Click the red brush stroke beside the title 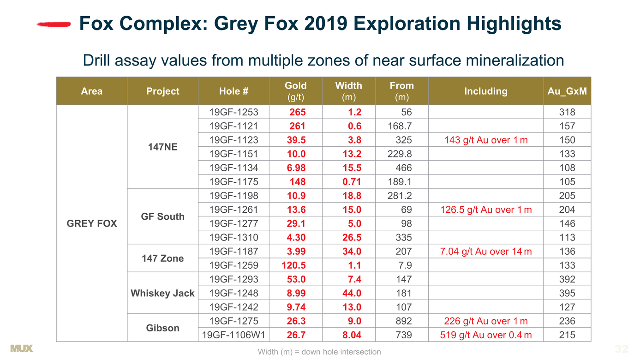point(54,24)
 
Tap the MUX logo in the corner point(21,348)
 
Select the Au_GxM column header point(567,91)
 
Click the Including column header point(486,91)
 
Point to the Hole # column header point(234,91)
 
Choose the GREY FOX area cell point(92,223)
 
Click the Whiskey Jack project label point(162,293)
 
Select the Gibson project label point(162,328)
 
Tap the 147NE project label point(162,147)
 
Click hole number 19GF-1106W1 point(234,335)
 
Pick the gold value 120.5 point(294,265)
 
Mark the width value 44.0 point(352,293)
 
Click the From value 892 point(403,321)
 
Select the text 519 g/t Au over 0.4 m point(486,335)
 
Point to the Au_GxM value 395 point(567,293)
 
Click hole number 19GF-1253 point(234,112)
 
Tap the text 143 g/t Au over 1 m point(486,140)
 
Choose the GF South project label point(162,216)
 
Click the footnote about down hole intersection point(319,352)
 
